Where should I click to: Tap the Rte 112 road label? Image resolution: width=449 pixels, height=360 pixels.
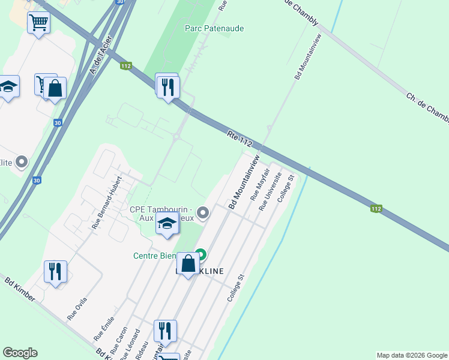(239, 138)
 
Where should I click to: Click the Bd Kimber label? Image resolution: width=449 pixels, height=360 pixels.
(20, 289)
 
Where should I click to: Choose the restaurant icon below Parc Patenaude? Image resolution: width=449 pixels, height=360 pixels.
(167, 87)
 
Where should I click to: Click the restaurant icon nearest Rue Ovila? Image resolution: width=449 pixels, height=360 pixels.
(55, 273)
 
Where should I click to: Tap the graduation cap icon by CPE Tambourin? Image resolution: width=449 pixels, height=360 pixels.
(167, 224)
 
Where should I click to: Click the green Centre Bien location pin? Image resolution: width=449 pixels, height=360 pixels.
(200, 254)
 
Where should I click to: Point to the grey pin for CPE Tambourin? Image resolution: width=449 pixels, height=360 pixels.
(203, 212)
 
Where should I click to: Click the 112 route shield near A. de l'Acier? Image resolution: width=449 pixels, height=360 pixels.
(125, 66)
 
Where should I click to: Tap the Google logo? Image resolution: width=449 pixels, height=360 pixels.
(20, 353)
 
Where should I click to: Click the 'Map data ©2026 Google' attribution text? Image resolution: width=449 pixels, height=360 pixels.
(412, 356)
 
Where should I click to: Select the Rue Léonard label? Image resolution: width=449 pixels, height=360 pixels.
(133, 344)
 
